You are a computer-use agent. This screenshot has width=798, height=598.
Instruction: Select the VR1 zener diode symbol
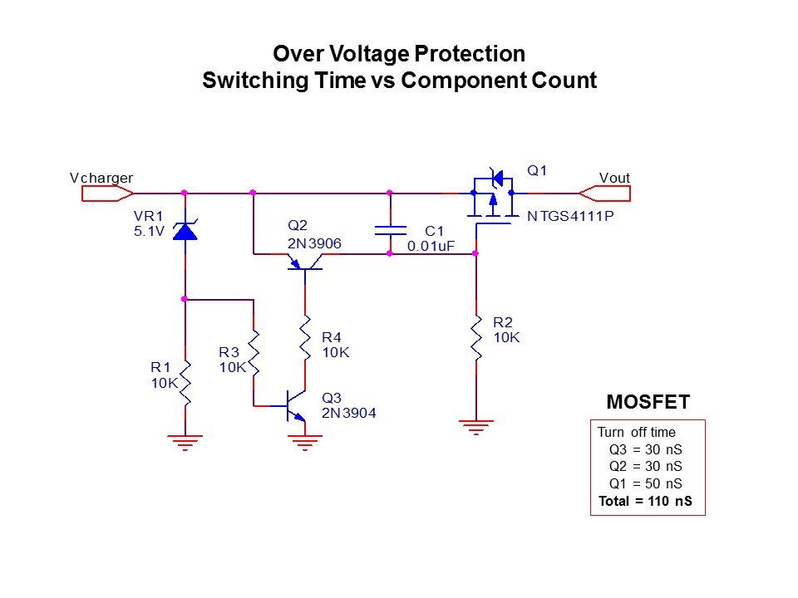point(185,230)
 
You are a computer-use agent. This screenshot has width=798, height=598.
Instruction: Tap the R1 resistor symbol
point(185,382)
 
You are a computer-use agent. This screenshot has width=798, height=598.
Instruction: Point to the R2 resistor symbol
point(476,337)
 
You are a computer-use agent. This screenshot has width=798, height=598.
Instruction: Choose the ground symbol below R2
point(476,427)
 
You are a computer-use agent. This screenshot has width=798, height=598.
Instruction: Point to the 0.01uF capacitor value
point(429,246)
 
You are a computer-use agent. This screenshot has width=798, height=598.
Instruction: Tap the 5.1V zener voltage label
point(150,232)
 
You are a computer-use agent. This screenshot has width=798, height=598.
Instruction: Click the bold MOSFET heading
point(648,403)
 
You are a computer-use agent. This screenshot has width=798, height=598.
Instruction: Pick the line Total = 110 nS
point(645,502)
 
